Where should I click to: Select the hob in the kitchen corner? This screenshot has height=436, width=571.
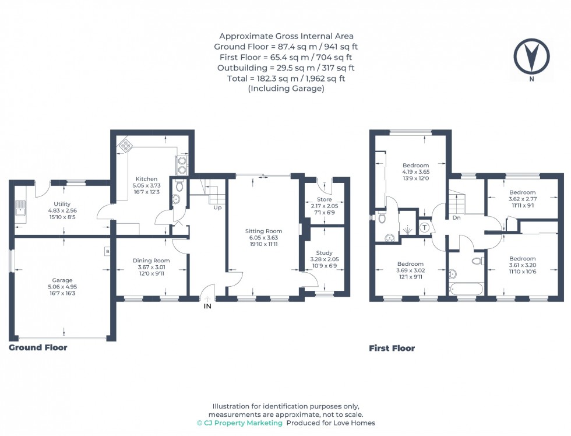[125, 146]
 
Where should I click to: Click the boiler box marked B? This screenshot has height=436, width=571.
[107, 251]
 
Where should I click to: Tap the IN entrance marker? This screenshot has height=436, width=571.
[207, 305]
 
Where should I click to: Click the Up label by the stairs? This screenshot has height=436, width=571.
[217, 207]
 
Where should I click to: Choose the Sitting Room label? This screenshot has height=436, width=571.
[263, 231]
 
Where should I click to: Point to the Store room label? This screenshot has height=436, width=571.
[325, 199]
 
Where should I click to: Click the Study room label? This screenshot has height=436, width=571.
[325, 252]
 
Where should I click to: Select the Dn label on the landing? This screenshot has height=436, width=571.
[456, 217]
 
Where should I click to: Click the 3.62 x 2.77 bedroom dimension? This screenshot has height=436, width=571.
[522, 199]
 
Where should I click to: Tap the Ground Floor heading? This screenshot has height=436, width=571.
[38, 347]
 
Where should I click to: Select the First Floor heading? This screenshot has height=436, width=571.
[392, 349]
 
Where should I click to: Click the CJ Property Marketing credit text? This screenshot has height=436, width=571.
[239, 423]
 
